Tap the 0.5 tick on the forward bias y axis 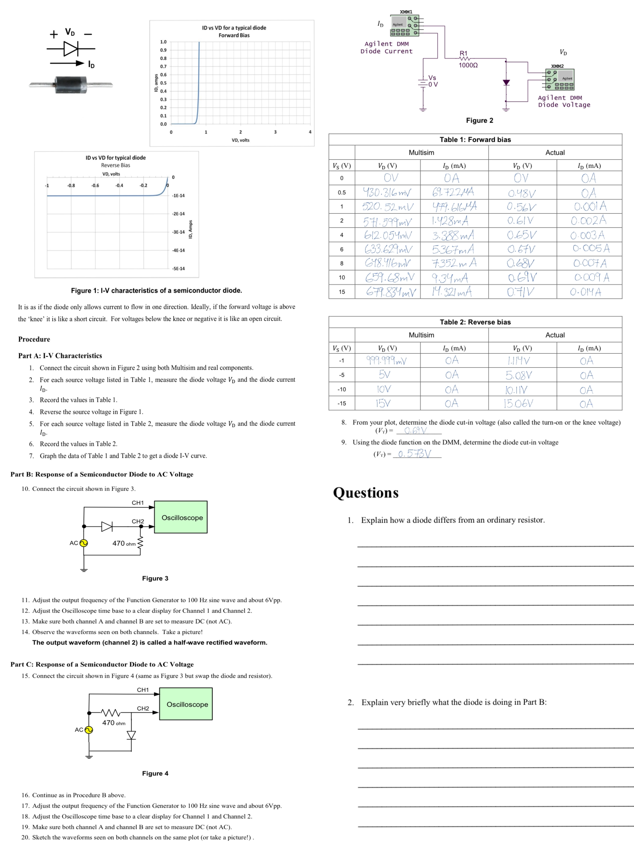click(x=163, y=83)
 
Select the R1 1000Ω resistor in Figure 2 click(x=464, y=59)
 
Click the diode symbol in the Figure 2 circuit click(x=506, y=82)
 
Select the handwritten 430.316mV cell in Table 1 click(x=387, y=192)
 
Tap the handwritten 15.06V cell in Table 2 click(x=518, y=403)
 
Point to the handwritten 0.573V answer click(x=415, y=454)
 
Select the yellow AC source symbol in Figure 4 click(x=89, y=730)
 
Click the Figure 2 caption click(x=479, y=120)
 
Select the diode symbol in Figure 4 click(x=131, y=735)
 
